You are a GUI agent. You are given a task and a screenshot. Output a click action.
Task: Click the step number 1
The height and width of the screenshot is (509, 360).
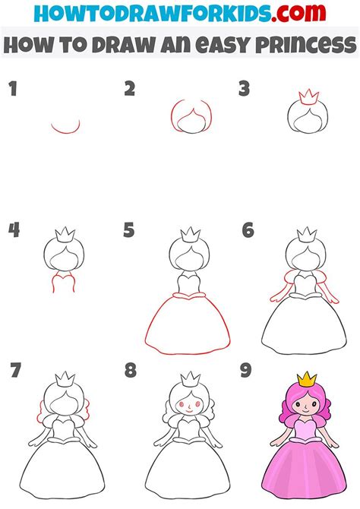tap(13, 89)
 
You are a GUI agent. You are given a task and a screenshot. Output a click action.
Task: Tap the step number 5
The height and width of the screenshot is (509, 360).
tap(129, 230)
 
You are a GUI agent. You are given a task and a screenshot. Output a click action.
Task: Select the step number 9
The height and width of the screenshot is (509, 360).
tap(246, 370)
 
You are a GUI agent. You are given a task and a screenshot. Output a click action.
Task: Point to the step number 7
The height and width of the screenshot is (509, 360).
tap(15, 370)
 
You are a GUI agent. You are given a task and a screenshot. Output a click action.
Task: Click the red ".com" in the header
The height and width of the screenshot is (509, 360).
tap(298, 13)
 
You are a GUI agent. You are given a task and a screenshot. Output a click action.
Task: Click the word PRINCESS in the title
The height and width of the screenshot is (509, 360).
tap(305, 45)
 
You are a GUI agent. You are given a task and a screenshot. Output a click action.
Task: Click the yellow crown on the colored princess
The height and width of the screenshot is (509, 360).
tap(307, 380)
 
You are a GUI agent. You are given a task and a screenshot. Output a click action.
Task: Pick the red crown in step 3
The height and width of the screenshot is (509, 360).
tap(308, 97)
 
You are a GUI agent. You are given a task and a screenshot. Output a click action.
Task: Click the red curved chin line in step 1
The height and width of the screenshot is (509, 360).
tap(65, 128)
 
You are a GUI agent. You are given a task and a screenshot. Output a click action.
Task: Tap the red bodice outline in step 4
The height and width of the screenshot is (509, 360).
tap(64, 282)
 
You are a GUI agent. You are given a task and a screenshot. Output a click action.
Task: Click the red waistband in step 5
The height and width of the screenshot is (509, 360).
tap(189, 295)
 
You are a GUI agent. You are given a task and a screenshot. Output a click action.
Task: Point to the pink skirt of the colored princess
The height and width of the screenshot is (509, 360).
tap(304, 470)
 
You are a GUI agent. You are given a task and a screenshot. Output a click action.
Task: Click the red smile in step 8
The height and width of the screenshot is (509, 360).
tap(189, 412)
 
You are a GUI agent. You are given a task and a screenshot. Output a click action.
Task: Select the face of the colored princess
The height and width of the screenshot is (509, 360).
tap(305, 406)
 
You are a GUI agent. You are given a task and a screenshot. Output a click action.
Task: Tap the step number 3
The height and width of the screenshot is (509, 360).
tap(244, 89)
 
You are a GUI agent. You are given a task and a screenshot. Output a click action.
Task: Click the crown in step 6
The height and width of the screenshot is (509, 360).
tap(307, 235)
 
